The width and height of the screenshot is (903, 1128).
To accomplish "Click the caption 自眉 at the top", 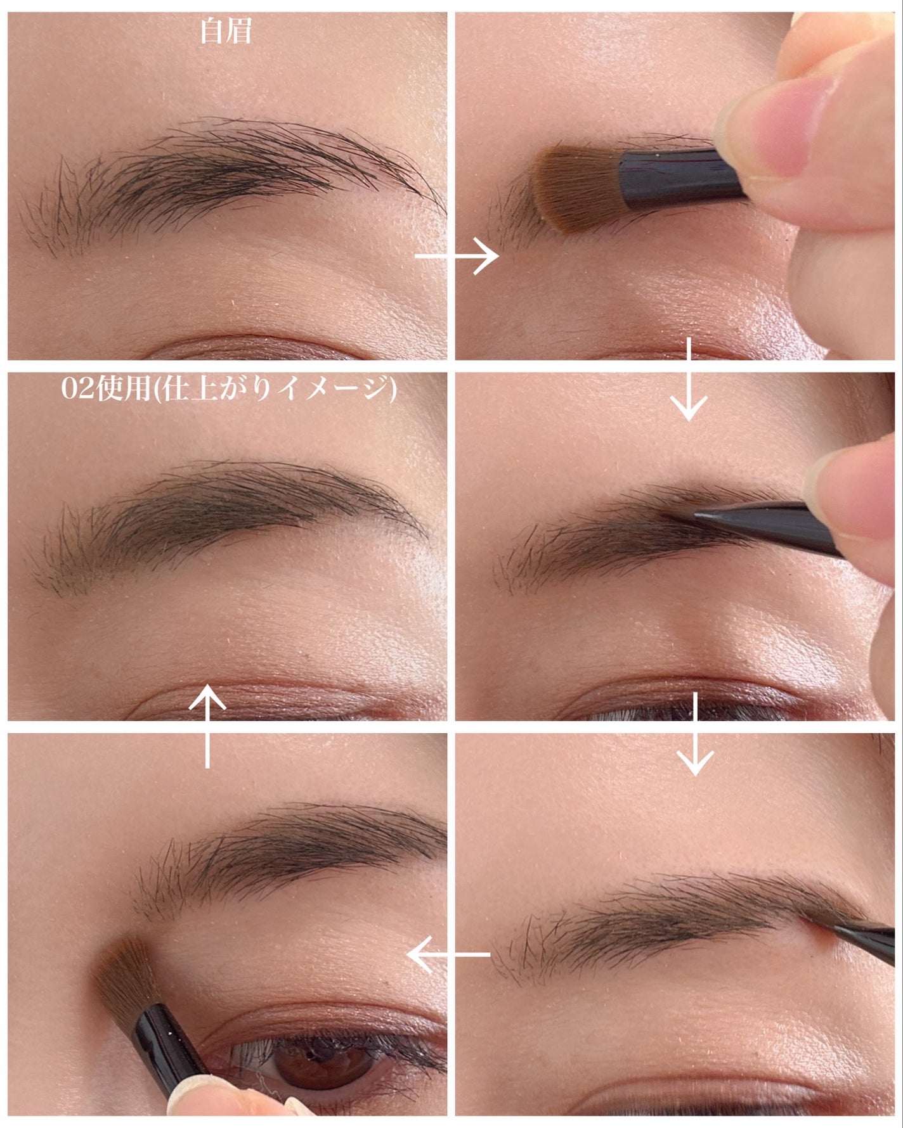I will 226,32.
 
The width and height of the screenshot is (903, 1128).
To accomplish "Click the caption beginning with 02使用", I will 228,388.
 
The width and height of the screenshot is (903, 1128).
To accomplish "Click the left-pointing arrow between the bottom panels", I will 448,954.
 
